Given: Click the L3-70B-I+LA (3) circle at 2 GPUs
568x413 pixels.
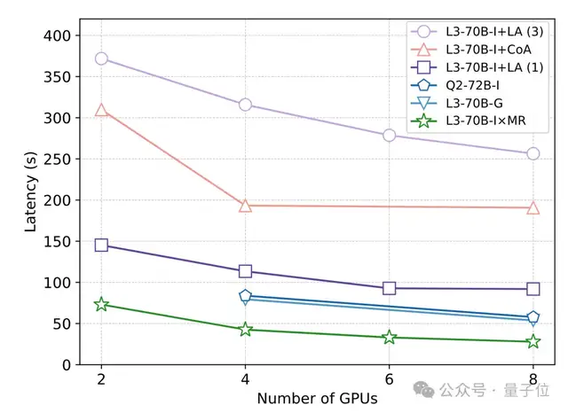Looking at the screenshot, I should (101, 58).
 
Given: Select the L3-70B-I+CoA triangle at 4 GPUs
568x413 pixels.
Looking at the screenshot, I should (245, 206).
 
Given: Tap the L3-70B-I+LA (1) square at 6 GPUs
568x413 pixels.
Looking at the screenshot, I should (389, 288).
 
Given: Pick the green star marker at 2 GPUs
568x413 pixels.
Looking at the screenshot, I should (101, 304).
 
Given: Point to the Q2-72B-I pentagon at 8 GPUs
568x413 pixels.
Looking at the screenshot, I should (533, 317).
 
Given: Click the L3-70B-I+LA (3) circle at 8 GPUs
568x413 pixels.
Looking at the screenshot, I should (533, 153).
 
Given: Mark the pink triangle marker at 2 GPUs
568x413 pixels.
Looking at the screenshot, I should (101, 110).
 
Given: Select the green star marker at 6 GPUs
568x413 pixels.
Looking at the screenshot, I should (389, 338).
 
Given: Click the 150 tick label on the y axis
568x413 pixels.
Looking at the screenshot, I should (67, 241).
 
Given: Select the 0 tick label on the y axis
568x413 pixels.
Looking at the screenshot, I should (75, 365).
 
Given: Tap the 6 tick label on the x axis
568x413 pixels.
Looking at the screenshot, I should (389, 379).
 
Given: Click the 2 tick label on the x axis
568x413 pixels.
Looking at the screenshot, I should (101, 379).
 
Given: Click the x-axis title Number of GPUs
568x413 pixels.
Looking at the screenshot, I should (317, 399).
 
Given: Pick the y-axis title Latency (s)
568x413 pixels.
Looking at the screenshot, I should (32, 191).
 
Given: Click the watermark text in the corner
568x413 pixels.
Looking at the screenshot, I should (498, 391).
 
